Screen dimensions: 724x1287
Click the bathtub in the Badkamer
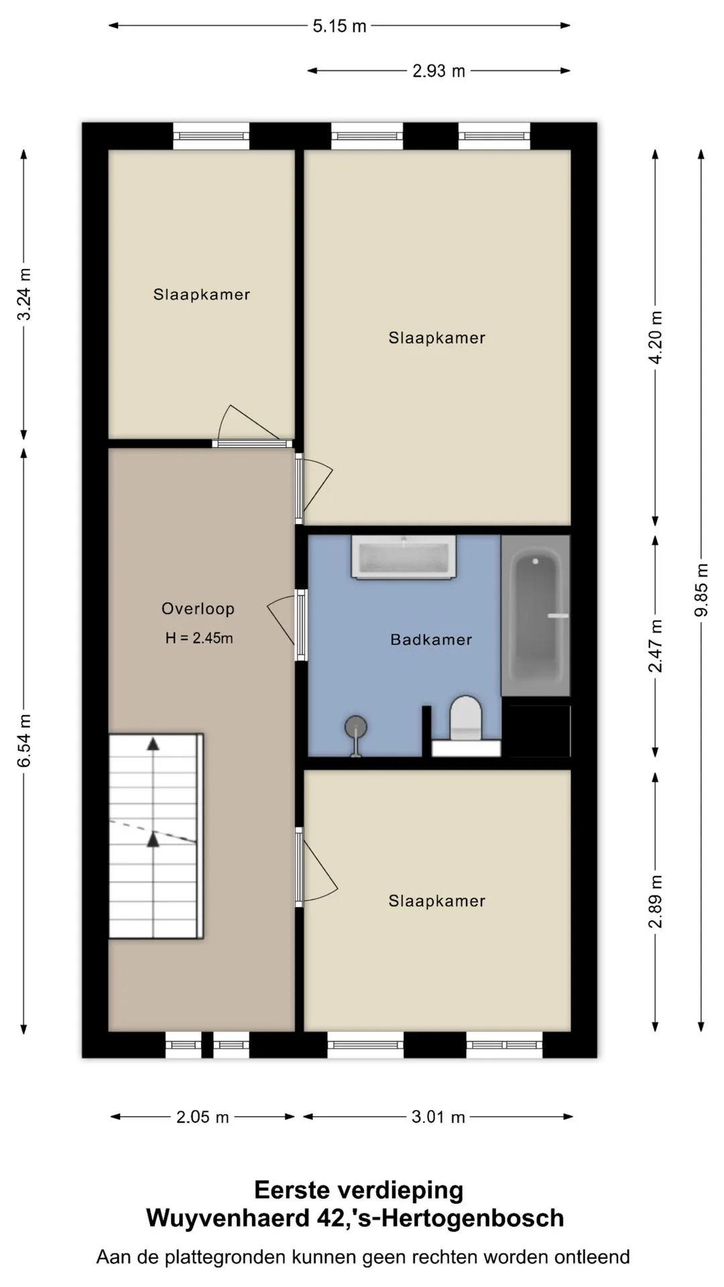click(536, 615)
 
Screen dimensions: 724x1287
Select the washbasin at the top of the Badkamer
click(404, 556)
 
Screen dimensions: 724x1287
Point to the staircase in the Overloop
click(156, 836)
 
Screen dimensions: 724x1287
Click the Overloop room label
click(198, 609)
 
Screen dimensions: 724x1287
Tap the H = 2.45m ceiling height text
click(199, 638)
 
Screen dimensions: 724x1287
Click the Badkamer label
click(431, 639)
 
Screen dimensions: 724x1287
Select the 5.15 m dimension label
click(340, 26)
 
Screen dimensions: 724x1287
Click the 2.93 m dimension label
click(438, 71)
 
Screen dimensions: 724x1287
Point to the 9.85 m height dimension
click(701, 590)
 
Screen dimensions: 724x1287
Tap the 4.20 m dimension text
click(656, 337)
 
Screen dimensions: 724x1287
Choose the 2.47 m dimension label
click(656, 646)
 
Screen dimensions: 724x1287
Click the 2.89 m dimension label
click(656, 902)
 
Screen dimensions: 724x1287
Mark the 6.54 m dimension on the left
click(24, 740)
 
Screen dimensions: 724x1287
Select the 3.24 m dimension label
click(24, 294)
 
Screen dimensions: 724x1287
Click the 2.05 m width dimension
click(202, 1117)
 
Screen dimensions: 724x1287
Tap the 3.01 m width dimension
click(438, 1117)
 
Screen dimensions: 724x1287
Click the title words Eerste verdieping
click(359, 1190)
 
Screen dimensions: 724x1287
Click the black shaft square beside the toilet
click(536, 731)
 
